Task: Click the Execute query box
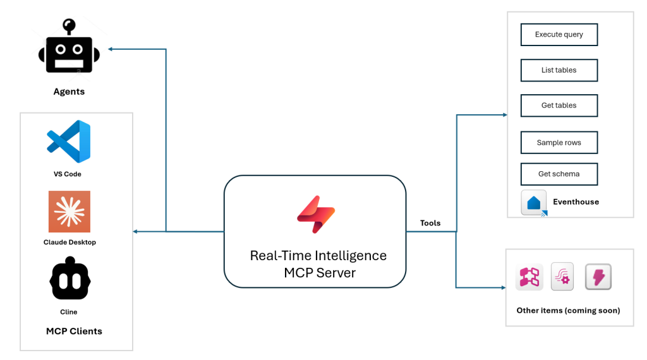559,35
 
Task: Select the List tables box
559,70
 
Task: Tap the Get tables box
559,105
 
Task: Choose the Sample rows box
559,143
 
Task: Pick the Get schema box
559,174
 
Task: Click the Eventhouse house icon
534,203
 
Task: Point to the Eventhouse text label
576,202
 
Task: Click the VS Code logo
68,141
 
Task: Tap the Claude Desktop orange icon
69,212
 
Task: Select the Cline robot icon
70,279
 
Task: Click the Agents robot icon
69,50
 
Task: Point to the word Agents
69,92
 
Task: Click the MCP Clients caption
74,331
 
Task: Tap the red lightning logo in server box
315,214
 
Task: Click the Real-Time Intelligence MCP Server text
318,264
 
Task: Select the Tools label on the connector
430,223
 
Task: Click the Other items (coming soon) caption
568,310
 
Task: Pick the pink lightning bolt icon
598,277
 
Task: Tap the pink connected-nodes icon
529,277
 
